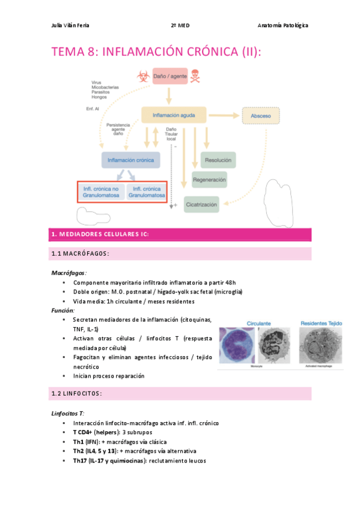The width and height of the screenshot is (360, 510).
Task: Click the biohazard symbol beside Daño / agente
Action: pos(142,76)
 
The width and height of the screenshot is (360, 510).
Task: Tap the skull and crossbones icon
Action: pos(196,76)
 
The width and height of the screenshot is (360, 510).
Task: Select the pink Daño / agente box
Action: pos(169,76)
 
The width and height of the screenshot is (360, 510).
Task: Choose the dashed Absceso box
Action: pos(261,115)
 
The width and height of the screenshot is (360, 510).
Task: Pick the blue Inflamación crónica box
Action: pos(130,160)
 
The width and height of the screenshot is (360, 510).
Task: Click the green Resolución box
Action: pos(218,160)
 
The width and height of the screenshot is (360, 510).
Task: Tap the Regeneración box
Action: pos(209,180)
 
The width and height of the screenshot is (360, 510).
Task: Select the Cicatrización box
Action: pos(201,204)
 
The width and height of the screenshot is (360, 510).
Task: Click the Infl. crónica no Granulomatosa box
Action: pos(100,192)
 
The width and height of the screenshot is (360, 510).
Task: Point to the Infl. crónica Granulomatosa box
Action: pos(145,192)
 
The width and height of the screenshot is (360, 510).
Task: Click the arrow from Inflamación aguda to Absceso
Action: pos(223,115)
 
